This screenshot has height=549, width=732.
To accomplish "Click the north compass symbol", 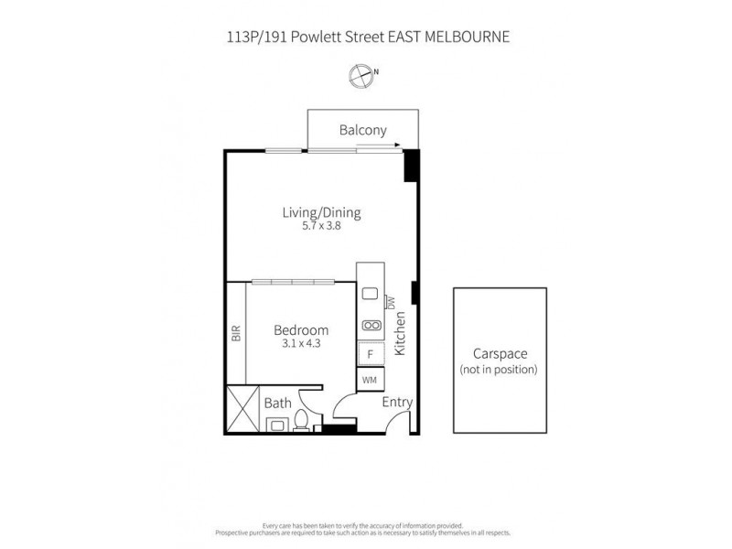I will coord(362,76).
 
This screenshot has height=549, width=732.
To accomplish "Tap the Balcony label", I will coord(363,130).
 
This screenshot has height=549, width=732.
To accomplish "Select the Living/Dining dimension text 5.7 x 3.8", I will coord(321,228).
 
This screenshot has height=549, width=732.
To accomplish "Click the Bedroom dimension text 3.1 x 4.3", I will coord(301,344).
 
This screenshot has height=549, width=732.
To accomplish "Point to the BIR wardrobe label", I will coord(235,334).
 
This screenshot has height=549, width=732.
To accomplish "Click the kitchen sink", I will coord(371,294).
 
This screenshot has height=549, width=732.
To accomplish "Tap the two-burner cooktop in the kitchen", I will coord(371,325).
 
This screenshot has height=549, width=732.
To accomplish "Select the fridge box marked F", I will coord(371,352).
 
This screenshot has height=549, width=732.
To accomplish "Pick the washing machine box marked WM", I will coord(371,379).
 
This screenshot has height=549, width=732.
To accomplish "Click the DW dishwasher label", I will coord(390,302).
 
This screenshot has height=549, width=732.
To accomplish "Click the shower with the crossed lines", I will coord(242,409).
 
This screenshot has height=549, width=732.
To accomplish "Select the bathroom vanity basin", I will coord(275,425).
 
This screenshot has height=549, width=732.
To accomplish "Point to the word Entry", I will coord(397,402).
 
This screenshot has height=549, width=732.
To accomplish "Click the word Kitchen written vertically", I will coord(399,333).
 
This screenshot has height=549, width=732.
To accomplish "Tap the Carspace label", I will coord(500,354).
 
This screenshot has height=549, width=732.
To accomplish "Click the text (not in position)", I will coord(500,370).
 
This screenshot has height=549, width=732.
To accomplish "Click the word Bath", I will coord(277,403).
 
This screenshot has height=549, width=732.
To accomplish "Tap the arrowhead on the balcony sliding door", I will coord(396,145).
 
